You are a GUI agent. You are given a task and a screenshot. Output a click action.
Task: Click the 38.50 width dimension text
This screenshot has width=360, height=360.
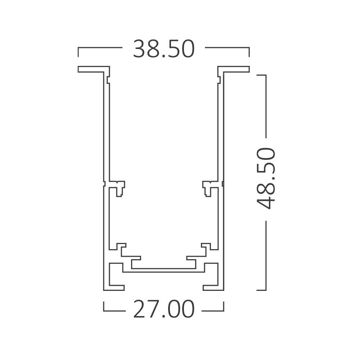point(164,49)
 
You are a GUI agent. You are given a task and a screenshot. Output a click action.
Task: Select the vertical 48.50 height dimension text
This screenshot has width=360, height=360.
point(266,179)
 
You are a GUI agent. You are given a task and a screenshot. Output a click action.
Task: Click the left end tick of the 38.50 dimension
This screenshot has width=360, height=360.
point(78,51)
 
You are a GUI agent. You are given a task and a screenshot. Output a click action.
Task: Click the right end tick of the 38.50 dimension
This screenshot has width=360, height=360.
point(249,51)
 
